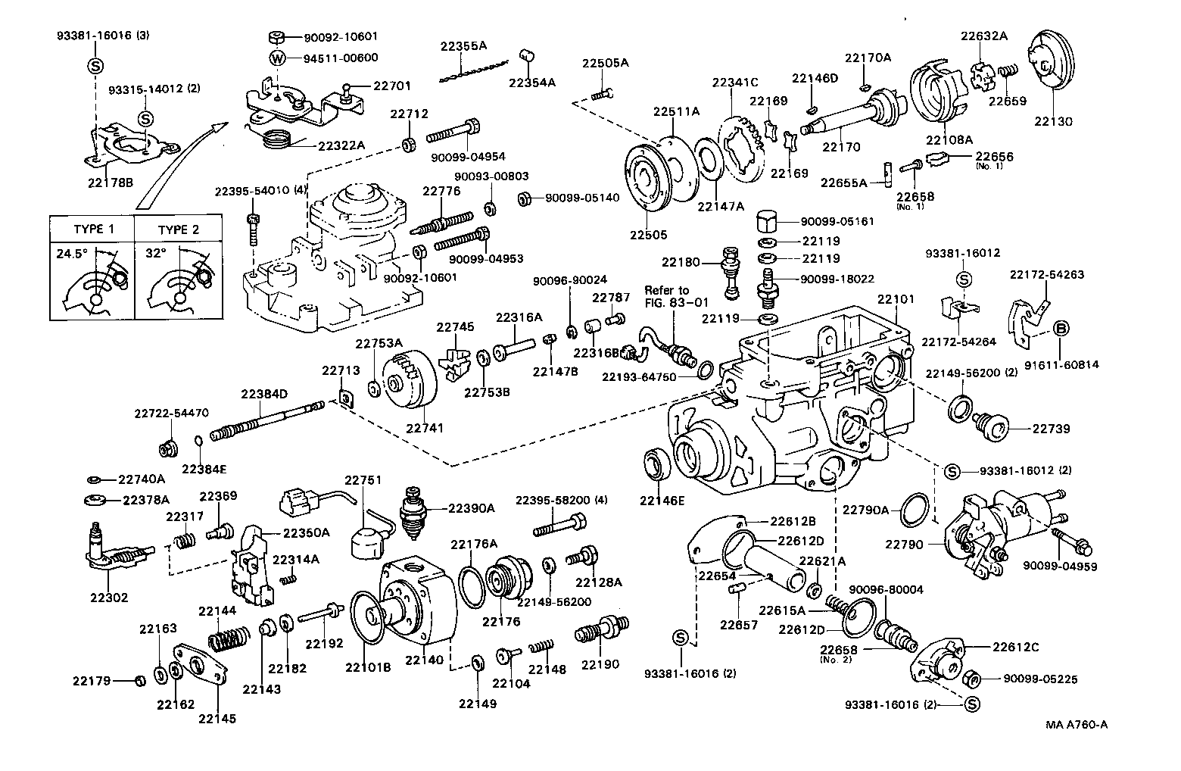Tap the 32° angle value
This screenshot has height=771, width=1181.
pos(156,254)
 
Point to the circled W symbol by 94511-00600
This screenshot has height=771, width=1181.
pos(278,58)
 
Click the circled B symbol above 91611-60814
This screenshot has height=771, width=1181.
pos(1062,328)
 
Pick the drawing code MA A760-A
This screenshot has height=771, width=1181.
pos(1077,725)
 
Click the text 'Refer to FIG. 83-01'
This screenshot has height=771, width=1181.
pos(667,297)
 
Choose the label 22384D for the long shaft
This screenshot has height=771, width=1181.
pos(264,394)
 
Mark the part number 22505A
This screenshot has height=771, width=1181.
pos(605,63)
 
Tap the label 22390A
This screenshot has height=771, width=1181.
pos(471,508)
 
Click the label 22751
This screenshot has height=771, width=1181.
pos(363,480)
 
